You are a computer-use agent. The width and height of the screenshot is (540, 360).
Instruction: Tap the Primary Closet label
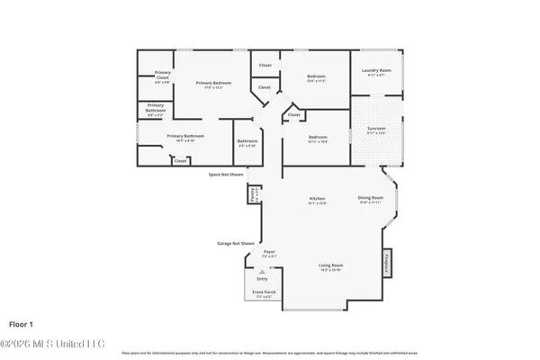(162, 75)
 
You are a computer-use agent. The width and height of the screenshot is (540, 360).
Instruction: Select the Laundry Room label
(375, 71)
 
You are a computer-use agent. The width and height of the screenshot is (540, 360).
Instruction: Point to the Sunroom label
(375, 129)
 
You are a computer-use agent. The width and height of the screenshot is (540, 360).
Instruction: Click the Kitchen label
(317, 198)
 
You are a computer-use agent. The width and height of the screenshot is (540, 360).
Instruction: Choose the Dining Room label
(371, 198)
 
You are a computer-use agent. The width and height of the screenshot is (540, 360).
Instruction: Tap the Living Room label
(330, 265)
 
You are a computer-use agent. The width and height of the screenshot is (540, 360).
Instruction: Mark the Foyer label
(269, 252)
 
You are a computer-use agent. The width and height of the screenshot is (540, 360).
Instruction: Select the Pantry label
(255, 193)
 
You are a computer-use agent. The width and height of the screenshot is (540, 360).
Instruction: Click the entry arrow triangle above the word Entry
(263, 271)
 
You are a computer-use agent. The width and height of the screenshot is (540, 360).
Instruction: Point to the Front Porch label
(263, 293)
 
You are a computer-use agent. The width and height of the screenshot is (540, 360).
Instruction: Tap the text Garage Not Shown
(236, 243)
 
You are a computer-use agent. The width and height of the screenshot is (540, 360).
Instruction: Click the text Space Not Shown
(226, 174)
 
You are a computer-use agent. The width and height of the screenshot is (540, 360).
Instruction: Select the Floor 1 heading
(22, 321)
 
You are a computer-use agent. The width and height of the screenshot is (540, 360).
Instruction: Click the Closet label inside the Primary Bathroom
(180, 161)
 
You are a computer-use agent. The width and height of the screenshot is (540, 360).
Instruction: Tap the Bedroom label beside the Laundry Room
(316, 76)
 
